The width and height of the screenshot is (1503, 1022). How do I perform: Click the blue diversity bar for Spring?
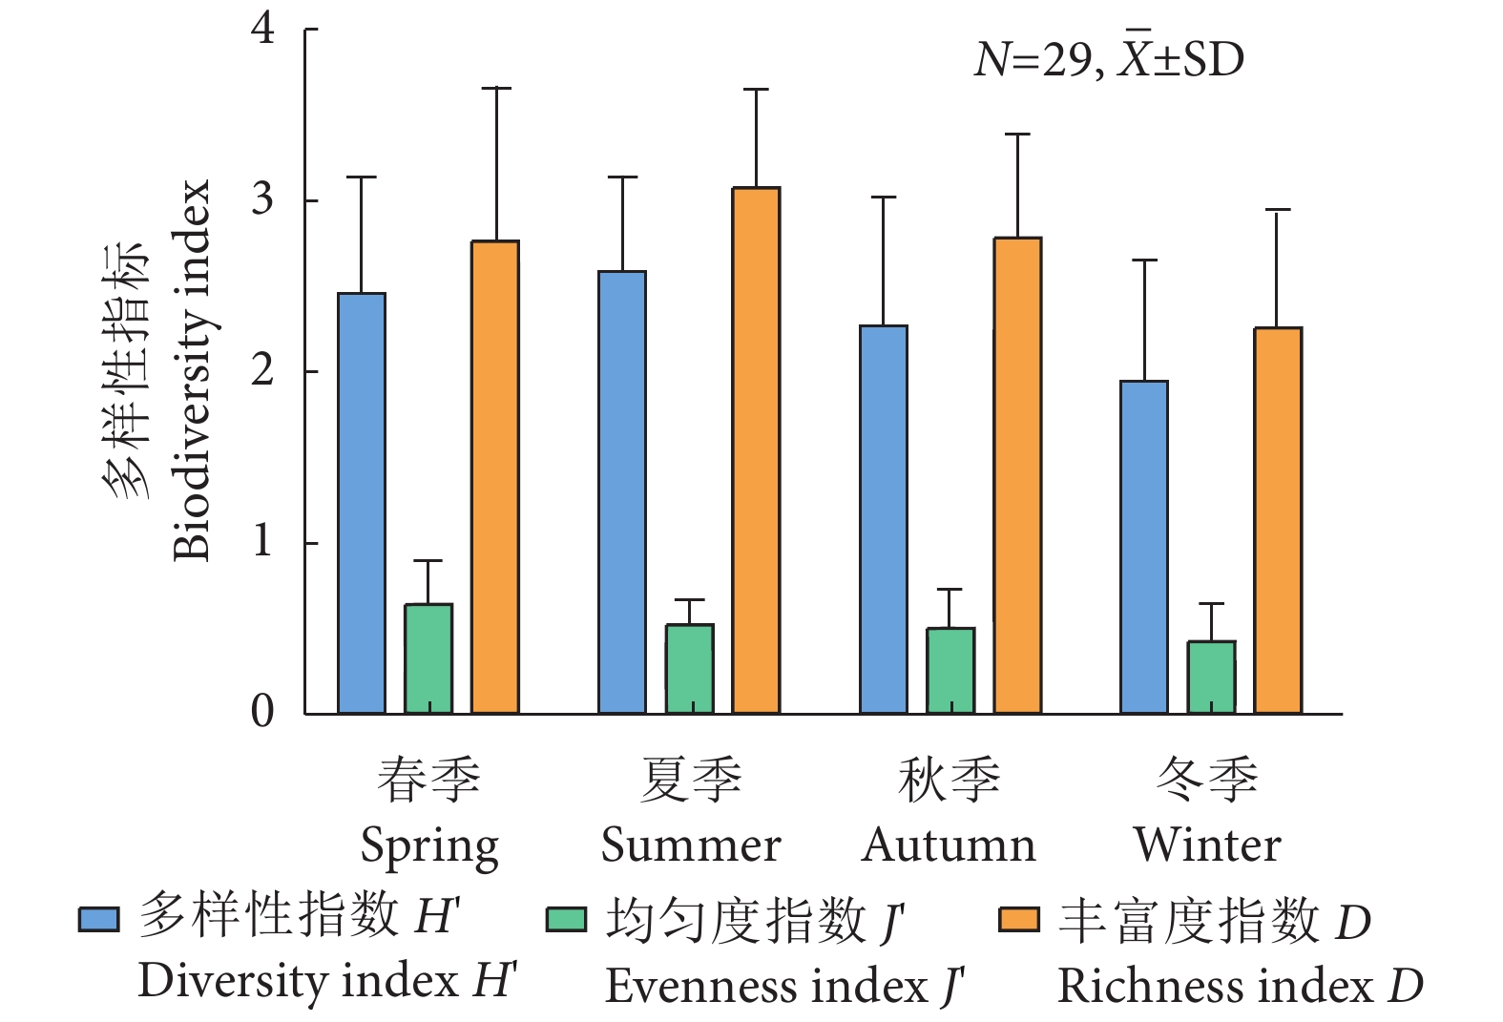coord(362,503)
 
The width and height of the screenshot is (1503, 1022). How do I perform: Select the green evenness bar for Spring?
coord(428,658)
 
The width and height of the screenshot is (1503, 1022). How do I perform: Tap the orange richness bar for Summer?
coord(756,450)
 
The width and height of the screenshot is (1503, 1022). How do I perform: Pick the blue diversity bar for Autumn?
coord(884,519)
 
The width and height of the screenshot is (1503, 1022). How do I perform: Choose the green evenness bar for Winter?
coord(1211,677)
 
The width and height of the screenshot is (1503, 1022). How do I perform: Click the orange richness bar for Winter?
coord(1278,520)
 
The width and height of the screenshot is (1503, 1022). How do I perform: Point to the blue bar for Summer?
coord(622,492)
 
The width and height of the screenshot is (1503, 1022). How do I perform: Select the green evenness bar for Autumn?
coord(950,670)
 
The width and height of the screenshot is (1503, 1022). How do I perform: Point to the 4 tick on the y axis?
coord(262,29)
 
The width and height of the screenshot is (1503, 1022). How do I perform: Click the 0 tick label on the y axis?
coord(262,712)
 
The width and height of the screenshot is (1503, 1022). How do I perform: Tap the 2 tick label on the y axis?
coord(262,370)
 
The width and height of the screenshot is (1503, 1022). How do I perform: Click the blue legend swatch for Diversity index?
coord(99,919)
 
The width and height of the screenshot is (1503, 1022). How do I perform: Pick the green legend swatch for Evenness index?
coord(566,919)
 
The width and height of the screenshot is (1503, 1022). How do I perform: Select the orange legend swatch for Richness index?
coord(1018,919)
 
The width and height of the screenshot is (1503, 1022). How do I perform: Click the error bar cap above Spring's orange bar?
coord(495,88)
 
